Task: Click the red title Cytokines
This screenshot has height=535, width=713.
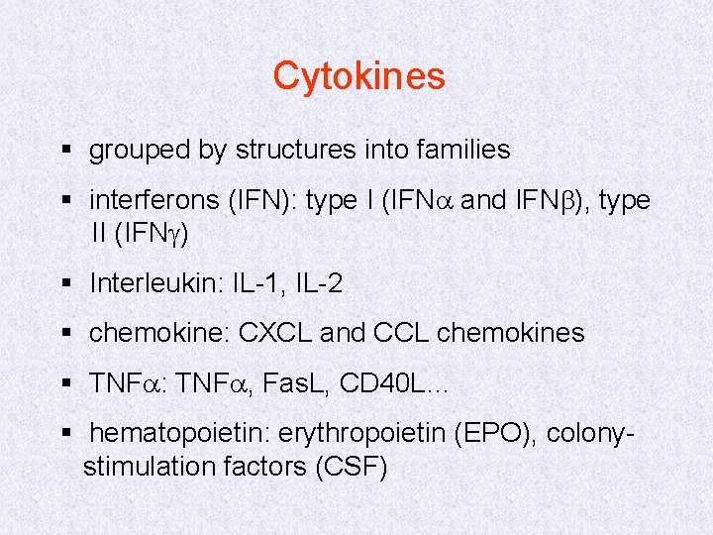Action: (358, 75)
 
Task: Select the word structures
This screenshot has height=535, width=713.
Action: (293, 150)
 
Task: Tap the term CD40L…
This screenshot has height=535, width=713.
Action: (394, 383)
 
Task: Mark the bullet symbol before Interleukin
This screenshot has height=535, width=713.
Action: (66, 284)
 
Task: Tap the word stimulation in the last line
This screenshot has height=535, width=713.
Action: (143, 466)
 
